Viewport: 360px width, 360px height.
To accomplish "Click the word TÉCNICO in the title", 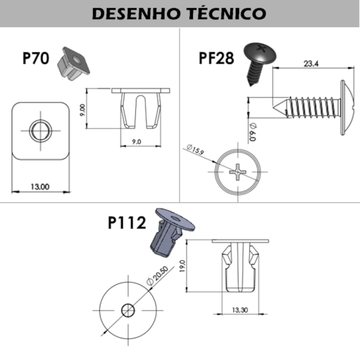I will pyautogui.click(x=228, y=13).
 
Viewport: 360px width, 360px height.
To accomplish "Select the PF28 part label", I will pyautogui.click(x=216, y=58).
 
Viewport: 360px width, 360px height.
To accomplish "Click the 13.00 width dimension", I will pyautogui.click(x=40, y=186).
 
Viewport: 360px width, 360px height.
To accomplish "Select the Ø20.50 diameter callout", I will pyautogui.click(x=156, y=279).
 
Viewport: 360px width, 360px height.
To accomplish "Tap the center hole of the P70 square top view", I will pyautogui.click(x=41, y=129).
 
